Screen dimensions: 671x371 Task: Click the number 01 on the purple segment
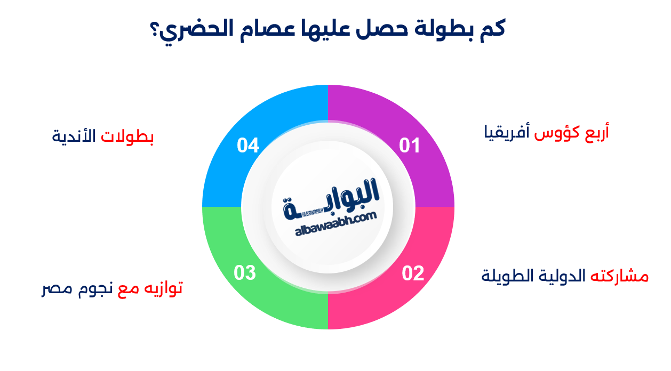point(410,146)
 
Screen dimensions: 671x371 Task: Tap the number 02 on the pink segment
point(413,273)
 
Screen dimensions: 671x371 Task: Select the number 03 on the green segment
point(245,273)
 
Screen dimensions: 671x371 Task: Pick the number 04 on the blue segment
point(248,146)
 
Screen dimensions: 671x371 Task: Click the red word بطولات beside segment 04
point(127,136)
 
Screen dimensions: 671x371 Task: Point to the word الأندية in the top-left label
point(74,136)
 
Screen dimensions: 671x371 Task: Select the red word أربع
point(597,132)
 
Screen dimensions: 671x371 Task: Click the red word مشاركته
point(619,276)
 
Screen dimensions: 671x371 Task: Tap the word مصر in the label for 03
point(57,289)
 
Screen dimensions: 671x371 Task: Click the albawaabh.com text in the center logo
point(336,224)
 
